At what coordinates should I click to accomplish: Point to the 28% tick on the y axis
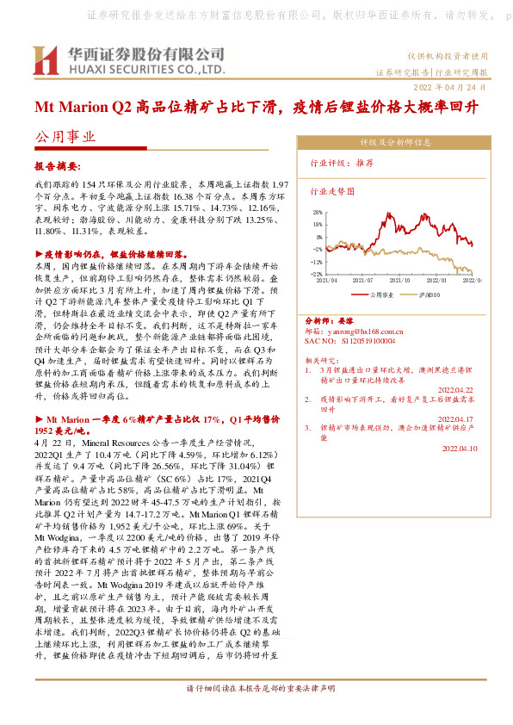pyautogui.click(x=318, y=211)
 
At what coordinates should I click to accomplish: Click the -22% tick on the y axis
pyautogui.click(x=318, y=275)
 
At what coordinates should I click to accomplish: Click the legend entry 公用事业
pyautogui.click(x=380, y=294)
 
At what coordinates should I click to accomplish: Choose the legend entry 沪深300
pyautogui.click(x=427, y=294)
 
